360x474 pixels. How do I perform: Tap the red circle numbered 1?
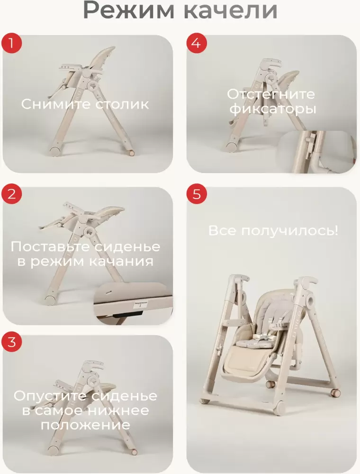tap(11, 44)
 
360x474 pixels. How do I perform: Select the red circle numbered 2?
tap(11, 194)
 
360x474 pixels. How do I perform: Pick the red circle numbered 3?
tap(11, 342)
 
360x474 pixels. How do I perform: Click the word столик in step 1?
tap(122, 104)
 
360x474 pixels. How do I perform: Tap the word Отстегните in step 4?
tap(270, 94)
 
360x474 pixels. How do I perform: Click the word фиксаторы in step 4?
tap(272, 109)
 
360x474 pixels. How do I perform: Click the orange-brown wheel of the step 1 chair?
tap(131, 153)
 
